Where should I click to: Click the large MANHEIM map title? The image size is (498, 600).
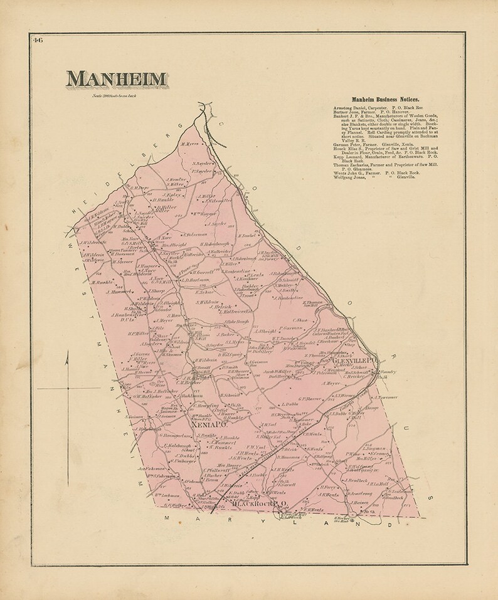[117, 79]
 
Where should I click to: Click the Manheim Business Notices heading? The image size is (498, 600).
[376, 100]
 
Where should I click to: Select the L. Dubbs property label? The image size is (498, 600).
[292, 404]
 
